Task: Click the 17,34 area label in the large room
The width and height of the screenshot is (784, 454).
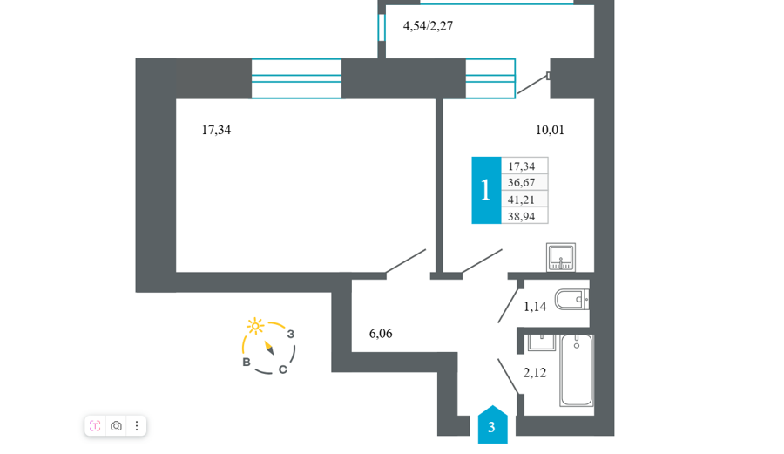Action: pyautogui.click(x=216, y=130)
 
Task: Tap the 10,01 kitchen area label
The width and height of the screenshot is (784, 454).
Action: pyautogui.click(x=550, y=130)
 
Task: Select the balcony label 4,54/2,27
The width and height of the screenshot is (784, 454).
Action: pyautogui.click(x=428, y=26)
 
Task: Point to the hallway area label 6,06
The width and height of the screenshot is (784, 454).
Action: pyautogui.click(x=381, y=334)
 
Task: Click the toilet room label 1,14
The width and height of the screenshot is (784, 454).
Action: pyautogui.click(x=535, y=307)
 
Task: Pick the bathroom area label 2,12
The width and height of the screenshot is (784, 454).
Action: pyautogui.click(x=535, y=372)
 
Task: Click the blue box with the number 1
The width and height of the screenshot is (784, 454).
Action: pyautogui.click(x=486, y=190)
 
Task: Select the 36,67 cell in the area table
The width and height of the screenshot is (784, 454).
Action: pyautogui.click(x=524, y=182)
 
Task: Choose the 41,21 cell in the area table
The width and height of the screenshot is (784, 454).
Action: pyautogui.click(x=524, y=200)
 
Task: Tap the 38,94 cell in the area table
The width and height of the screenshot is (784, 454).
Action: pyautogui.click(x=524, y=216)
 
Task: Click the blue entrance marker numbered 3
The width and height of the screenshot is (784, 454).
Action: pyautogui.click(x=492, y=424)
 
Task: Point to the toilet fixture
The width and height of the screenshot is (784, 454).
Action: pyautogui.click(x=571, y=300)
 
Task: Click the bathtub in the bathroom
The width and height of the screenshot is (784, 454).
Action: pyautogui.click(x=577, y=370)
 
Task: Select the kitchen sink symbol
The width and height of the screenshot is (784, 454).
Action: pyautogui.click(x=560, y=257)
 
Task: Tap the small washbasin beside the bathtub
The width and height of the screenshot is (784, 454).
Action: pyautogui.click(x=541, y=342)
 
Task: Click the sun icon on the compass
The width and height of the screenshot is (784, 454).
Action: pyautogui.click(x=255, y=326)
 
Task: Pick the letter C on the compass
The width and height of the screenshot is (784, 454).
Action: pyautogui.click(x=282, y=369)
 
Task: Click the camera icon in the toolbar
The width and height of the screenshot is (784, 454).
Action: pyautogui.click(x=116, y=426)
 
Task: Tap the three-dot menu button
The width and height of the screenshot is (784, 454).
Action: pyautogui.click(x=137, y=426)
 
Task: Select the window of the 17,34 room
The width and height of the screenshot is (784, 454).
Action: pyautogui.click(x=296, y=78)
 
